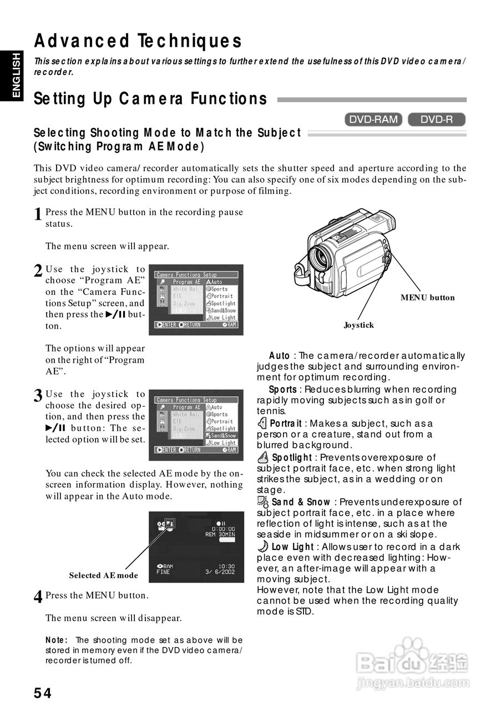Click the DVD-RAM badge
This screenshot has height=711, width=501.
pyautogui.click(x=373, y=119)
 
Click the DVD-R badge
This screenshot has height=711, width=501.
pyautogui.click(x=436, y=119)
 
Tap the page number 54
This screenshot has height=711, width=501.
pyautogui.click(x=43, y=693)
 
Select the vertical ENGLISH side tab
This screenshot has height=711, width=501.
pyautogui.click(x=15, y=75)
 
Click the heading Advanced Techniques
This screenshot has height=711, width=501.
pyautogui.click(x=138, y=41)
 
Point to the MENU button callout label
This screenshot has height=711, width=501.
pyautogui.click(x=427, y=298)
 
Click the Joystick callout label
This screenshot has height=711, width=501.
pyautogui.click(x=358, y=325)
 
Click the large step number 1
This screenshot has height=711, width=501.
pyautogui.click(x=38, y=214)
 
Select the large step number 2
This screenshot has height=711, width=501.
pyautogui.click(x=38, y=271)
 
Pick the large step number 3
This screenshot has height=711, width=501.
pyautogui.click(x=38, y=396)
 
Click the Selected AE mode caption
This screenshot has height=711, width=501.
pyautogui.click(x=103, y=575)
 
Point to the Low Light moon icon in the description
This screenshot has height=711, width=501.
pyautogui.click(x=263, y=546)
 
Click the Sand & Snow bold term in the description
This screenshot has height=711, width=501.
pyautogui.click(x=300, y=502)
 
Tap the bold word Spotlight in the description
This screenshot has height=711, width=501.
pyautogui.click(x=292, y=458)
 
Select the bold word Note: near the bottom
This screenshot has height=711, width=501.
pyautogui.click(x=56, y=640)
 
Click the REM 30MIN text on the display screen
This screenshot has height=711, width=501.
pyautogui.click(x=220, y=534)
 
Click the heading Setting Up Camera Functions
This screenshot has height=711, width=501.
pyautogui.click(x=150, y=99)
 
